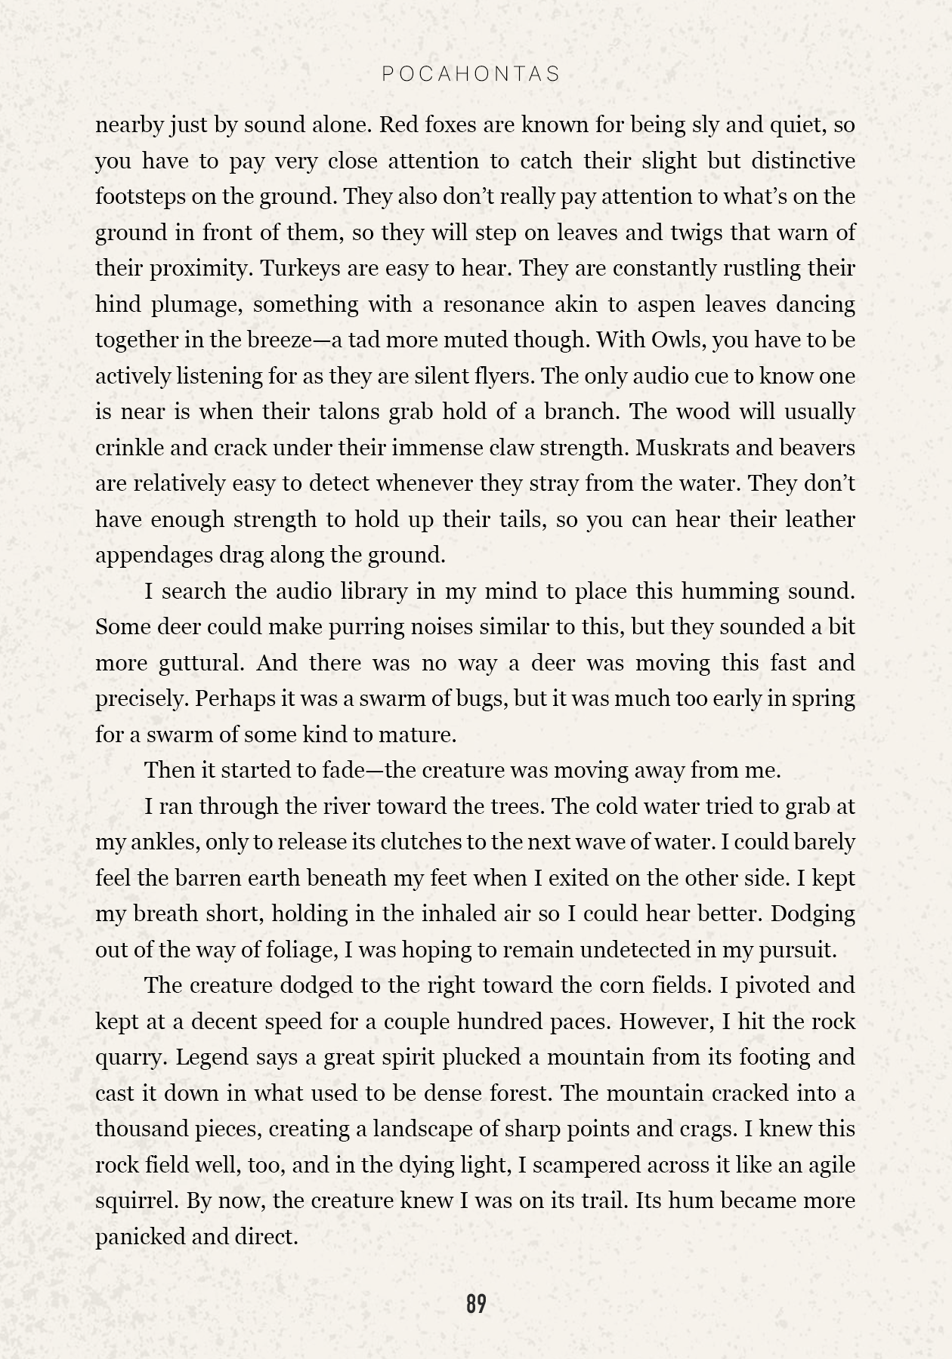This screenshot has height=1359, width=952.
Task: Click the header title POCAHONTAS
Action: click(x=471, y=74)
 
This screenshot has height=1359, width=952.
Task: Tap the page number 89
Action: click(x=476, y=1304)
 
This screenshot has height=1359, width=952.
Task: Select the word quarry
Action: click(x=128, y=1057)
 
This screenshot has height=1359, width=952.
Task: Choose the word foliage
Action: click(x=301, y=950)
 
